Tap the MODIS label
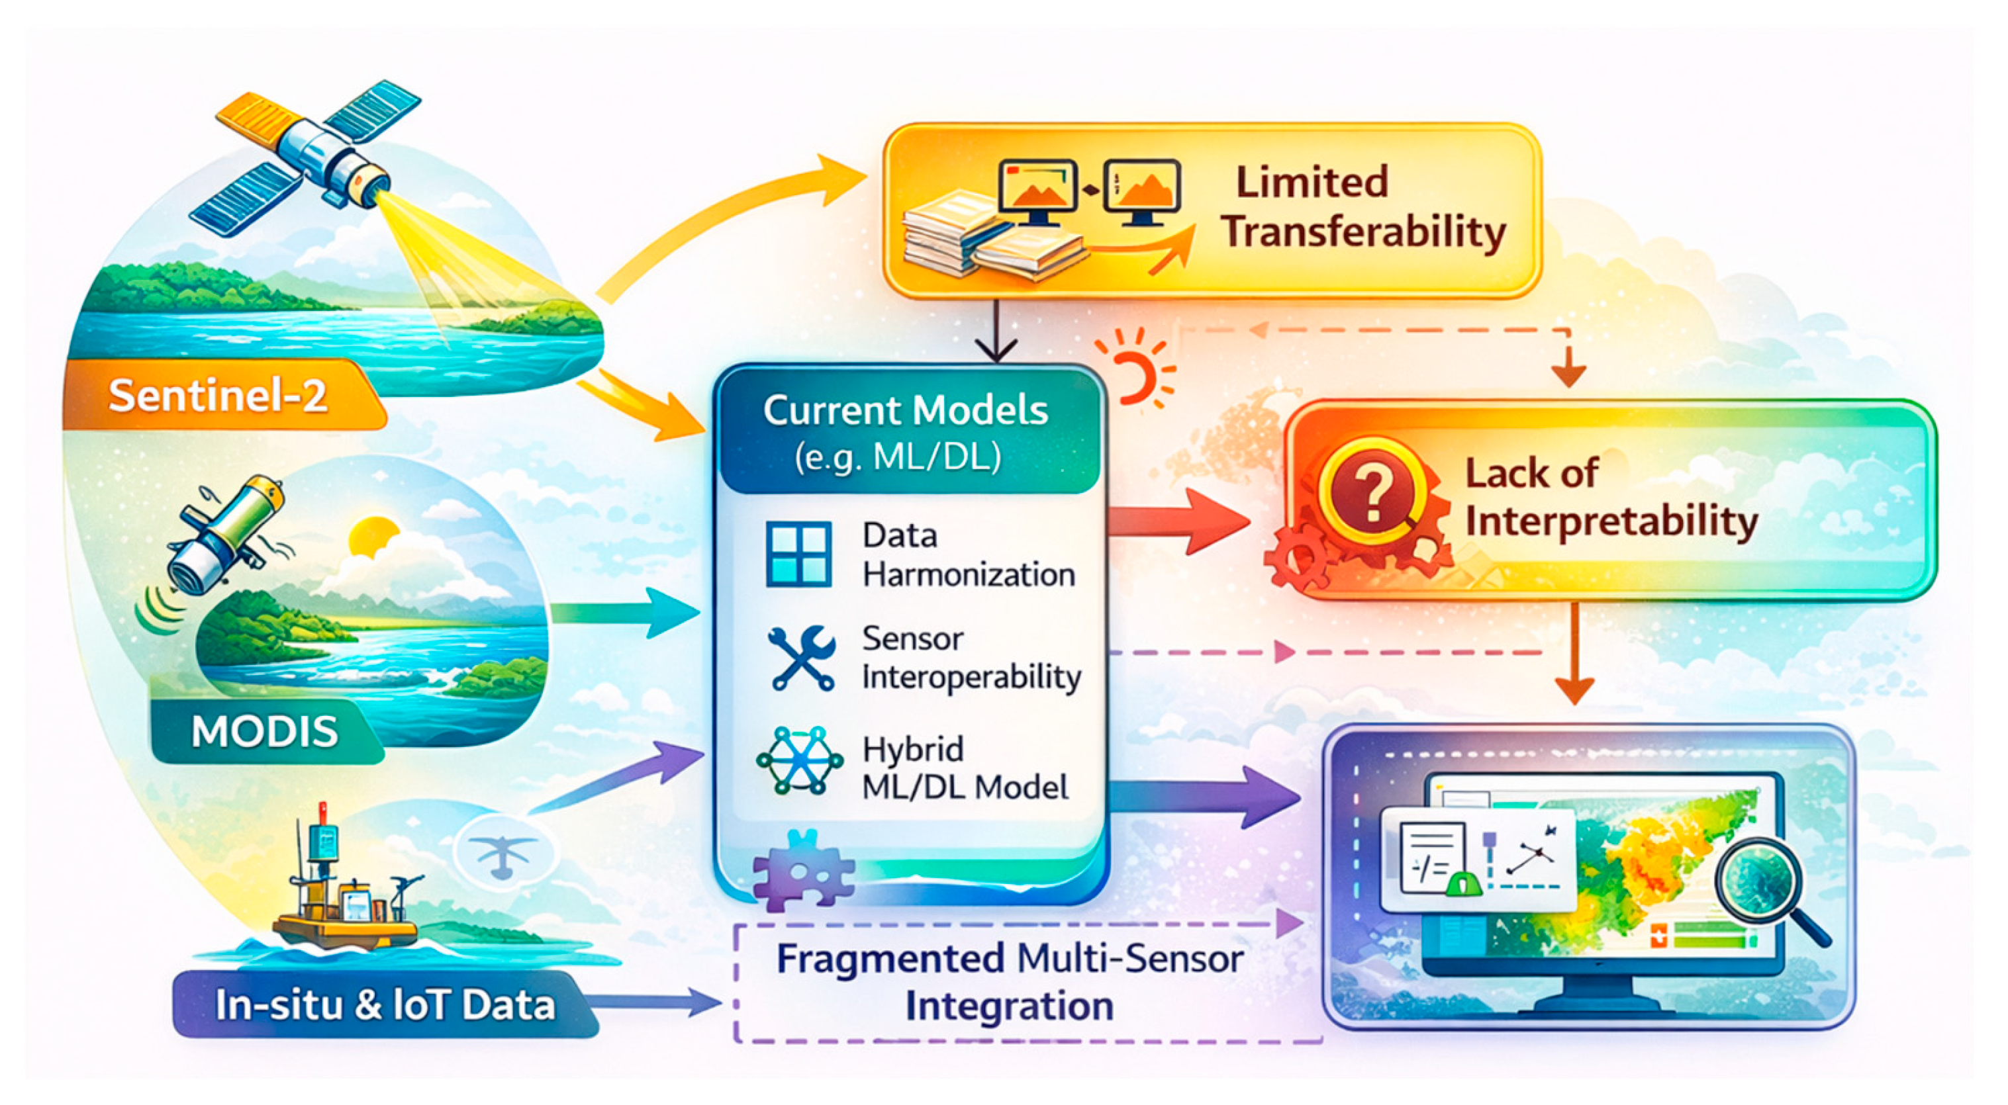[265, 731]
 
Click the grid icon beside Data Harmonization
[798, 554]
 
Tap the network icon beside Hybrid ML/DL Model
[800, 760]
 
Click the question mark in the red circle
[1374, 493]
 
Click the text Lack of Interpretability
[1611, 497]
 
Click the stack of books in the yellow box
[990, 238]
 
